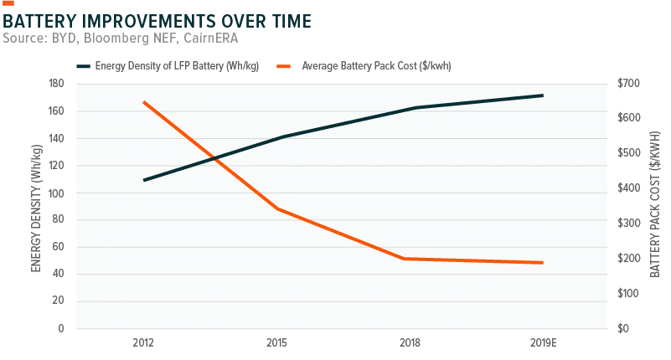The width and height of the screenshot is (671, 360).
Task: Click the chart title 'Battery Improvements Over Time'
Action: (157, 21)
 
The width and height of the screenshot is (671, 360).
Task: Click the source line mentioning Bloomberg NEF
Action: (121, 38)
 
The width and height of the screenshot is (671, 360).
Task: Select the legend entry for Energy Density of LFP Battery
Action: (168, 66)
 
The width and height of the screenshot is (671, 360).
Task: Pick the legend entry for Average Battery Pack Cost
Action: (364, 66)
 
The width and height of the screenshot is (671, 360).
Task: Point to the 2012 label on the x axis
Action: (143, 343)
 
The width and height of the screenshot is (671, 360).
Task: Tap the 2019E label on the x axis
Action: (544, 343)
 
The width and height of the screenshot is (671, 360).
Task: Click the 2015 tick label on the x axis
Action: (277, 343)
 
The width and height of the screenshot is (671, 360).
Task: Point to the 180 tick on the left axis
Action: (56, 84)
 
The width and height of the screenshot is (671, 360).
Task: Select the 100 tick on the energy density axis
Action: (56, 193)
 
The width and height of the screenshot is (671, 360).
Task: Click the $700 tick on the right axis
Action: (628, 84)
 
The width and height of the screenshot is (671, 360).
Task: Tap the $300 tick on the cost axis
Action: (628, 224)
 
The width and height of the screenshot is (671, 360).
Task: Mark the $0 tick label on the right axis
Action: (623, 328)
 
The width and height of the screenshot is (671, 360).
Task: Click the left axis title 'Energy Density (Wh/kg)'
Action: (36, 208)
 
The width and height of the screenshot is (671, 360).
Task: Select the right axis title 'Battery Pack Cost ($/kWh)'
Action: (655, 204)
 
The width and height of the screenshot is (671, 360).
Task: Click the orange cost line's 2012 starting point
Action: (144, 103)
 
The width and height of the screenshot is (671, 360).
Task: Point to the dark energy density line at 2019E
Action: (542, 95)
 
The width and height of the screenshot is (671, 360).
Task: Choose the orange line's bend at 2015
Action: (278, 209)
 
